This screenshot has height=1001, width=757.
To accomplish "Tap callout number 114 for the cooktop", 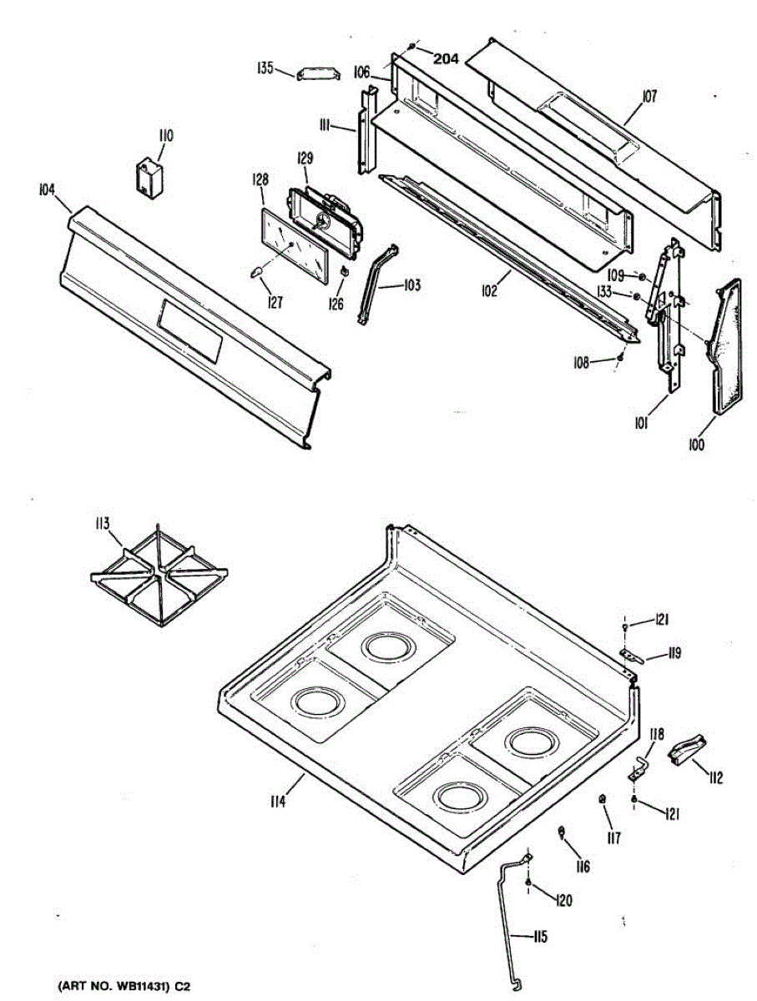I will pyautogui.click(x=278, y=802).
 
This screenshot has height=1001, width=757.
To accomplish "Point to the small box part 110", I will pyautogui.click(x=150, y=179).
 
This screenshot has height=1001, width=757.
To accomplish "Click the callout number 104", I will pyautogui.click(x=46, y=191).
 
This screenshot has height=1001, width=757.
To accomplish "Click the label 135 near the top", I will pyautogui.click(x=265, y=68).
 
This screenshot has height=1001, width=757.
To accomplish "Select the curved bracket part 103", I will pyautogui.click(x=376, y=284).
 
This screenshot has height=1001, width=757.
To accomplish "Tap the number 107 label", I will pyautogui.click(x=648, y=97).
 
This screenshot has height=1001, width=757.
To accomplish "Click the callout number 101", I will pyautogui.click(x=641, y=424).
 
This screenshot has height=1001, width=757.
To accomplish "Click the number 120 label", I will pyautogui.click(x=564, y=901).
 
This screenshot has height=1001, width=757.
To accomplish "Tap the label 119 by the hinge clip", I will pyautogui.click(x=672, y=654).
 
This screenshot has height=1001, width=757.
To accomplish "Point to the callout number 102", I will pyautogui.click(x=489, y=291).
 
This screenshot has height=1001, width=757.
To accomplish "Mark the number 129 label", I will pyautogui.click(x=305, y=158).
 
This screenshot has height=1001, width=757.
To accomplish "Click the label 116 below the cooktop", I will pyautogui.click(x=582, y=867).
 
